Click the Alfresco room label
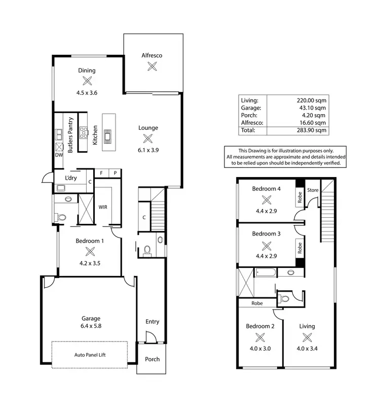tap(151, 55)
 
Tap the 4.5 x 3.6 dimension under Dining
tap(87, 93)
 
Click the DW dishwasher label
tap(59, 155)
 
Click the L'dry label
tap(71, 178)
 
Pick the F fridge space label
tap(101, 173)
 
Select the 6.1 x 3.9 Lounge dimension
tap(148, 150)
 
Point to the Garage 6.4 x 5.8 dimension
tap(88, 327)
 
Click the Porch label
tap(152, 359)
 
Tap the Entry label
tap(152, 322)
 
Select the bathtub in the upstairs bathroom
tap(266, 272)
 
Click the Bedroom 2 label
tap(260, 326)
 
